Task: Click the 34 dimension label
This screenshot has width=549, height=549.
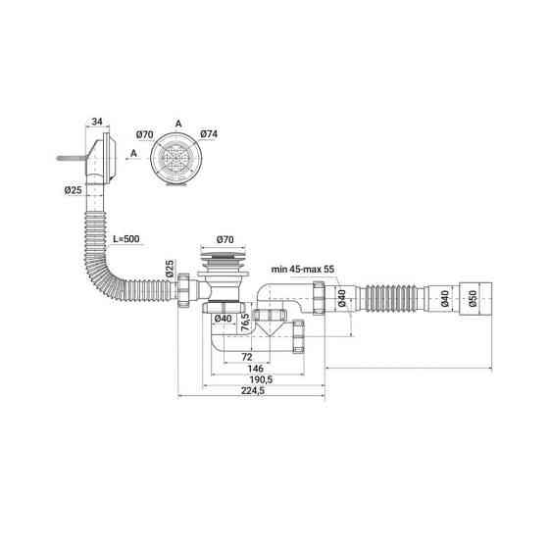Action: coord(97,122)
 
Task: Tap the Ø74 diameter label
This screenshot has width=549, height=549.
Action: coord(209,133)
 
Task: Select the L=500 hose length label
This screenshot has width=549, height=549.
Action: coord(126,239)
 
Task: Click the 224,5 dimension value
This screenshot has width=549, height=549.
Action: coord(253,391)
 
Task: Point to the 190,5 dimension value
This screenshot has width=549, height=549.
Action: coord(261,379)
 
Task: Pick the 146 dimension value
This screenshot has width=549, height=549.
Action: coord(255,369)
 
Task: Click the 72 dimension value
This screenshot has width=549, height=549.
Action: coord(247,357)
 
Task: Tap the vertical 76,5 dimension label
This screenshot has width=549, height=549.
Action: coord(245,323)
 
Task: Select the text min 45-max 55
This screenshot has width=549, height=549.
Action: coord(303,270)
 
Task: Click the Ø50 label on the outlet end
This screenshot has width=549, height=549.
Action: coord(473,298)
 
